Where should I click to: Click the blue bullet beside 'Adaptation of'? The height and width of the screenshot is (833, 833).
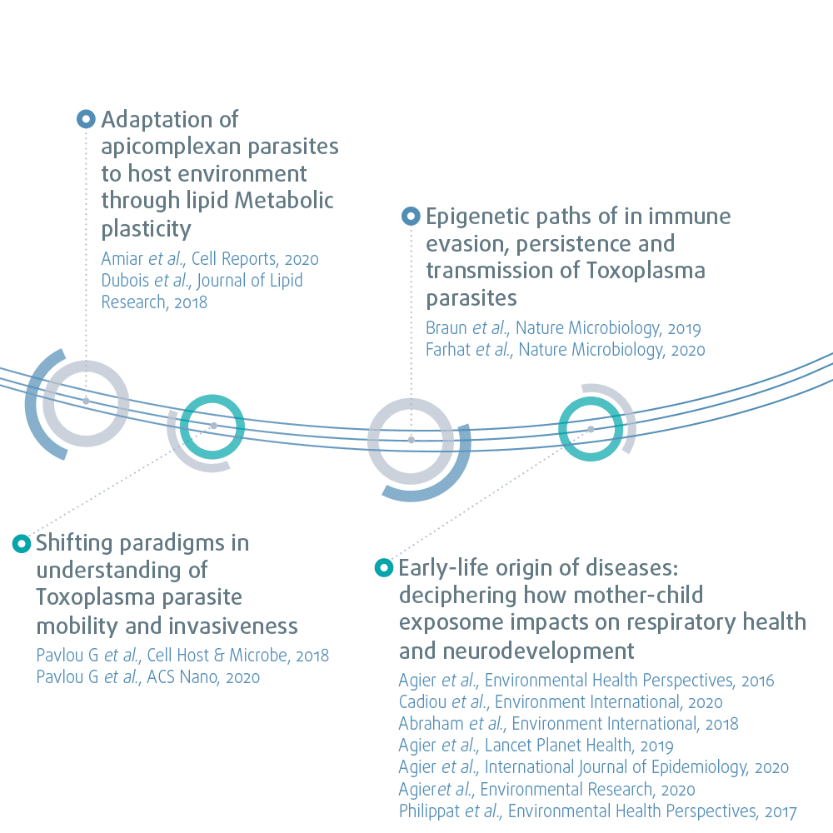[86, 119]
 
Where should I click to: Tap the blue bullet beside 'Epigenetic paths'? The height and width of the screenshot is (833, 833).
[411, 217]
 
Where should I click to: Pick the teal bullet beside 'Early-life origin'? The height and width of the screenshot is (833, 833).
[383, 568]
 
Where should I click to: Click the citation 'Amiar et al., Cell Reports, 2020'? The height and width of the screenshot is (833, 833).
[210, 259]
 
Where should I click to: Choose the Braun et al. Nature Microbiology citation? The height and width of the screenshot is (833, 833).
[563, 328]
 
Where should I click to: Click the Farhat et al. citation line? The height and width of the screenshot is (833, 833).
[565, 350]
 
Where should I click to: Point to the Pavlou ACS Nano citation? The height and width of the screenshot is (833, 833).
[148, 677]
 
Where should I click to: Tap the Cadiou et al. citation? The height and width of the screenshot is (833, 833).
[561, 702]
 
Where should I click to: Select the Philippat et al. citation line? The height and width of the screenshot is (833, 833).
[597, 811]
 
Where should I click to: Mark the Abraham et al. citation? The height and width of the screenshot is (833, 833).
[568, 724]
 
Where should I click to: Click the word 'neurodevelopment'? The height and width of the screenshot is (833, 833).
[516, 650]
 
